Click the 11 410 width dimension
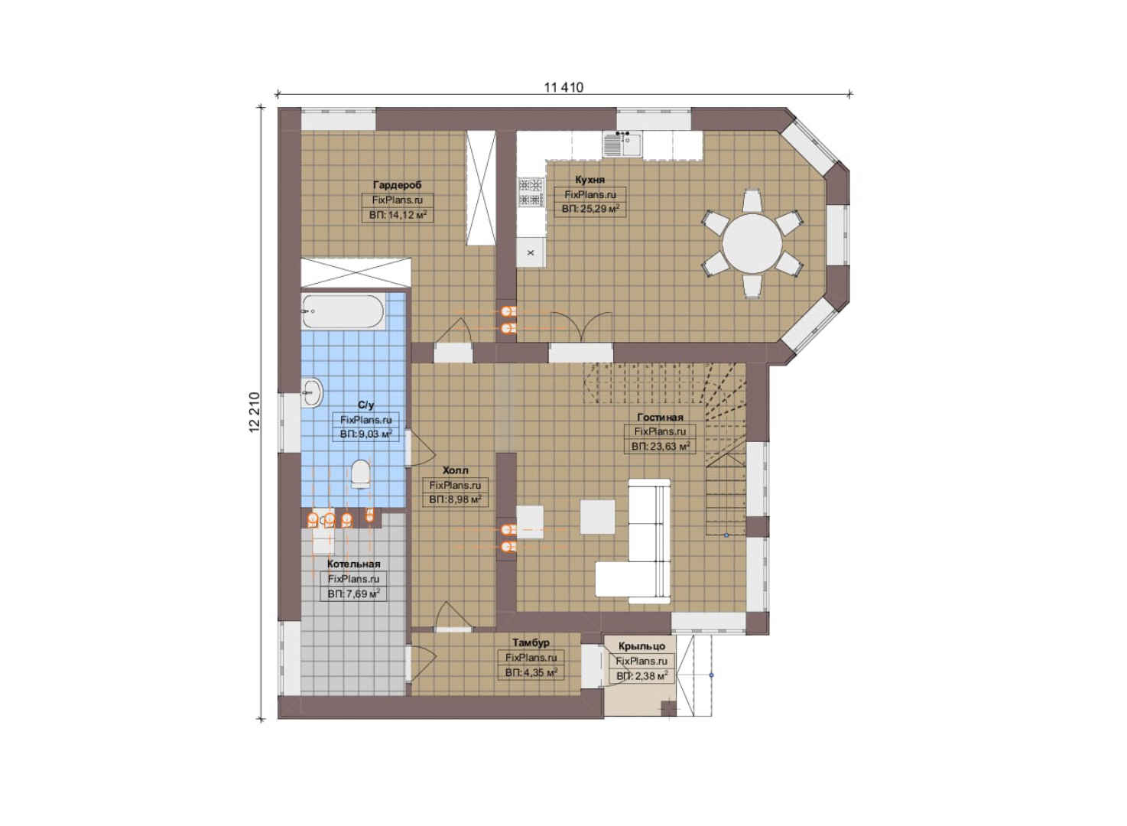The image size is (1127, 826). pyautogui.click(x=563, y=88)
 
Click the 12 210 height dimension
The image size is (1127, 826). pyautogui.click(x=255, y=412)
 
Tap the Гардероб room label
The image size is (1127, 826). pyautogui.click(x=398, y=185)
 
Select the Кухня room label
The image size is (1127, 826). pyautogui.click(x=590, y=180)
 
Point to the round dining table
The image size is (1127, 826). pyautogui.click(x=752, y=244)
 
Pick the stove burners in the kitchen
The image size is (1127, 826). pyautogui.click(x=531, y=192)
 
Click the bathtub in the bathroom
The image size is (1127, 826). pyautogui.click(x=343, y=311)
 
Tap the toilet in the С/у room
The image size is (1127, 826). pyautogui.click(x=361, y=473)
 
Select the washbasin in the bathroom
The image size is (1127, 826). pyautogui.click(x=313, y=392)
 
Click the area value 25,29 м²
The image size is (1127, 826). pyautogui.click(x=590, y=209)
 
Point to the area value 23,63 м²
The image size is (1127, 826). pyautogui.click(x=660, y=446)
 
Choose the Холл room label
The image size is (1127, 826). pyautogui.click(x=456, y=470)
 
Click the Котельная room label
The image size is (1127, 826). pyautogui.click(x=354, y=564)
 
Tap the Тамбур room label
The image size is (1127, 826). pyautogui.click(x=531, y=642)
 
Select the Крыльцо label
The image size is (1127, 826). pyautogui.click(x=642, y=646)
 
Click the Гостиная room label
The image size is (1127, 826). pyautogui.click(x=660, y=417)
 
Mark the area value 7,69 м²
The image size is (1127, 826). pyautogui.click(x=354, y=594)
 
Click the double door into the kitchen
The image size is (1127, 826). pyautogui.click(x=581, y=327)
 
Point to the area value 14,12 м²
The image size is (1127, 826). pyautogui.click(x=398, y=215)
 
